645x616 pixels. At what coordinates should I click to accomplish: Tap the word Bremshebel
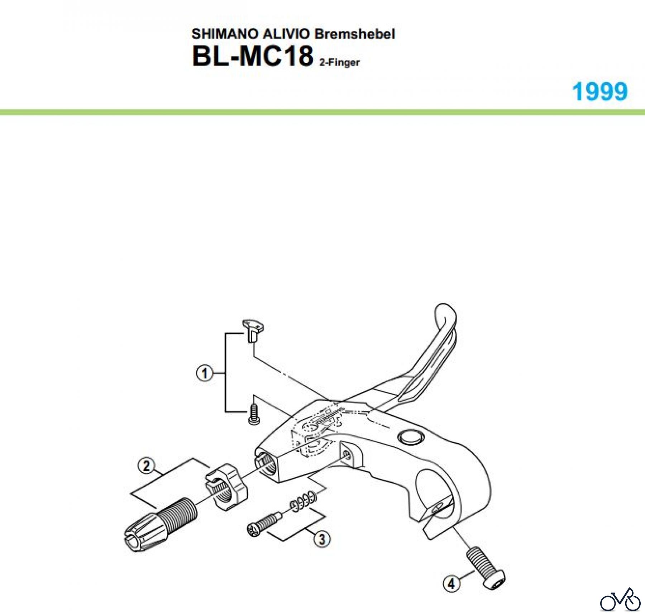[x=355, y=34]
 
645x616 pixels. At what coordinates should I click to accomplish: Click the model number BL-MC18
[x=252, y=56]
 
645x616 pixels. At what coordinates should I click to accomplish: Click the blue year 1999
[x=599, y=92]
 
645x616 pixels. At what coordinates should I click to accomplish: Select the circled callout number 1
[x=204, y=374]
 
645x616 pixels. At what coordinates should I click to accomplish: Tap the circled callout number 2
[x=146, y=466]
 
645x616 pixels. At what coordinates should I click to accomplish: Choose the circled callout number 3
[x=322, y=539]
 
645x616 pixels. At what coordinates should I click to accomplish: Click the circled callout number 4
[x=451, y=583]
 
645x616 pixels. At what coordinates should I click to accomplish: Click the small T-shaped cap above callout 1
[x=254, y=329]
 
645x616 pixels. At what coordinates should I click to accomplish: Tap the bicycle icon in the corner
[x=620, y=601]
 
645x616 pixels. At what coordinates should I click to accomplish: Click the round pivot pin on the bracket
[x=411, y=437]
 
